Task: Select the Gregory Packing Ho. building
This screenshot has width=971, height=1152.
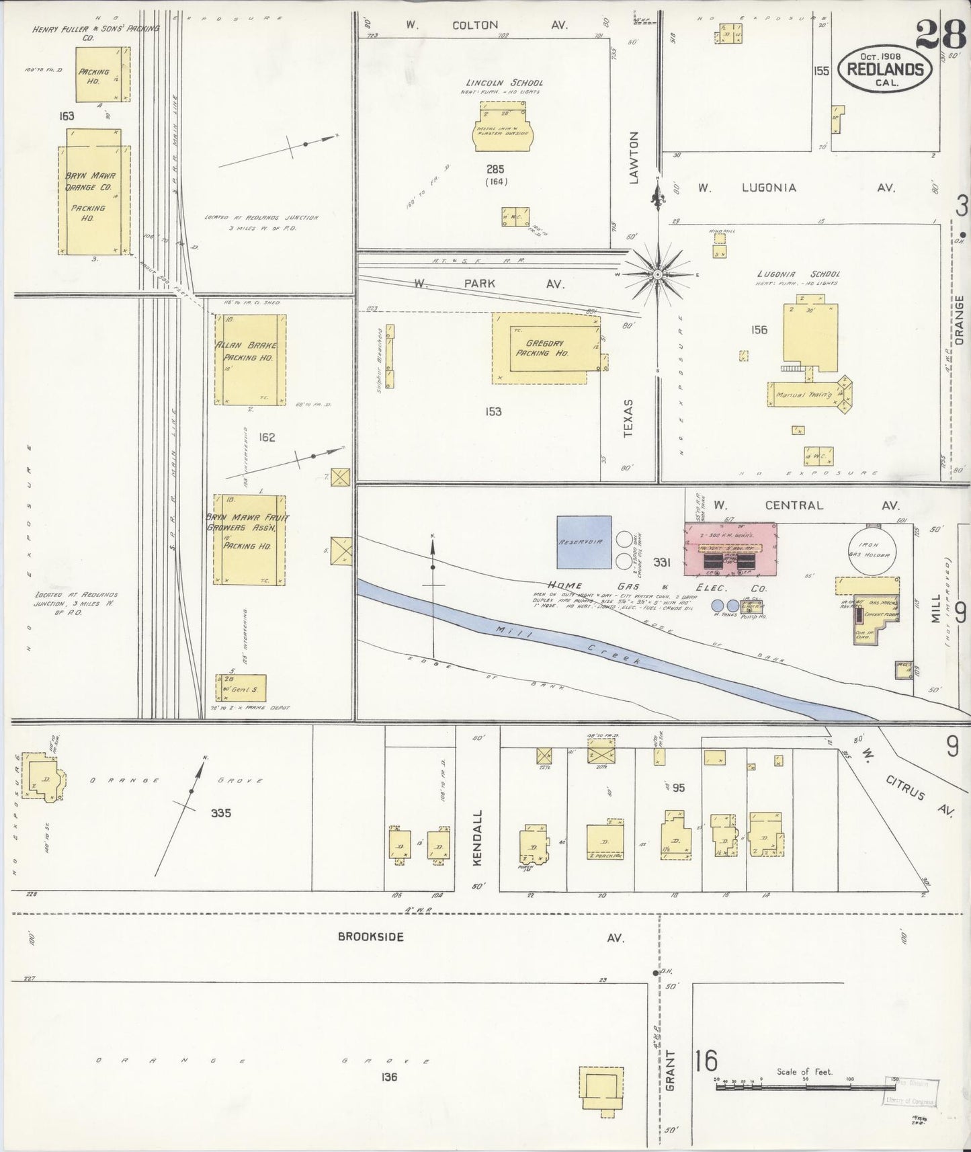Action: tap(546, 347)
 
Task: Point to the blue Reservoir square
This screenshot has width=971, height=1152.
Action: tap(584, 542)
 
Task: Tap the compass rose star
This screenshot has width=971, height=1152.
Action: tap(657, 274)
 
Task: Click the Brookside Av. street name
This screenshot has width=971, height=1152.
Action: tap(371, 937)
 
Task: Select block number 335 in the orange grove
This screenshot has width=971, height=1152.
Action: tap(220, 813)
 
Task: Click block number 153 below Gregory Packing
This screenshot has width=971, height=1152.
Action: tap(493, 411)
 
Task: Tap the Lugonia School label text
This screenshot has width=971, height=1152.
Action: tap(798, 274)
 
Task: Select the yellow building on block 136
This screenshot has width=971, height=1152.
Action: tap(601, 1087)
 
